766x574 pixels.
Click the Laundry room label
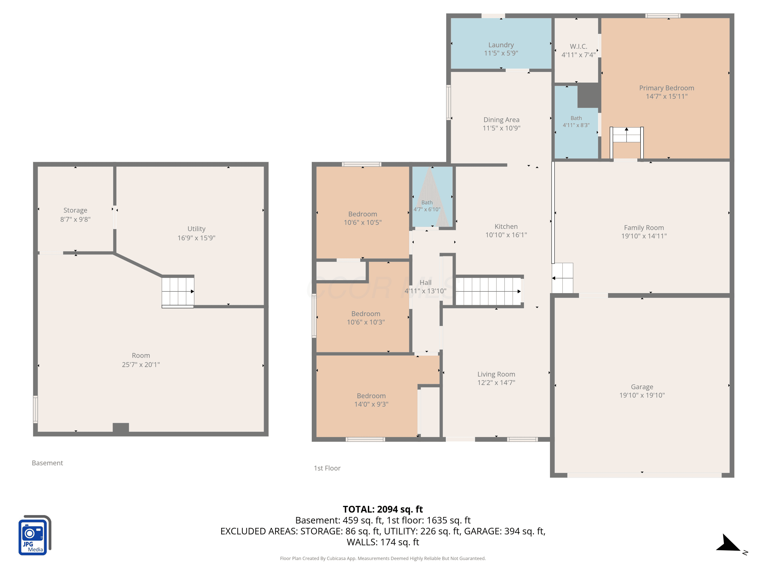tap(501, 45)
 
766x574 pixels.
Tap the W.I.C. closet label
tap(578, 46)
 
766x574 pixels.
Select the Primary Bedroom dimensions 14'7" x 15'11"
tap(667, 96)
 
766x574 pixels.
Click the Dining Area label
tap(501, 120)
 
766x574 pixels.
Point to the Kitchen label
tap(506, 227)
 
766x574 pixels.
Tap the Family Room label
tap(644, 228)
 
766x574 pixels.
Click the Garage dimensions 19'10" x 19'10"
tap(642, 395)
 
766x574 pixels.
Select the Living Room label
tap(496, 374)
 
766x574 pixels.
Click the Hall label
tap(426, 283)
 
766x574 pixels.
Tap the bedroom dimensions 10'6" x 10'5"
tap(363, 222)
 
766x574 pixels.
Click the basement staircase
tap(178, 292)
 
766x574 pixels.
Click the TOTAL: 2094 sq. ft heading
tap(383, 509)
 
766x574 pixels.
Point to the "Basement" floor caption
tap(47, 463)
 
